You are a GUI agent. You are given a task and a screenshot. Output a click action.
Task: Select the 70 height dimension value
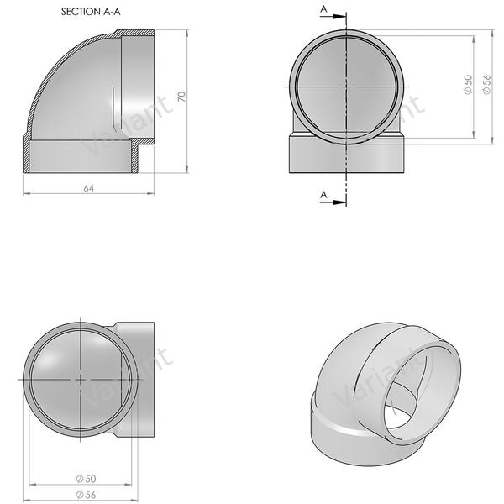click(181, 97)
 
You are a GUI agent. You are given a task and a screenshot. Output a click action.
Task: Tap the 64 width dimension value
click(87, 187)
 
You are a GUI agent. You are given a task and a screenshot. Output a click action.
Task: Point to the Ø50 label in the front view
click(468, 84)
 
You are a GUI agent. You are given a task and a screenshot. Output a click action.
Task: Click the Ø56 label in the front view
click(487, 84)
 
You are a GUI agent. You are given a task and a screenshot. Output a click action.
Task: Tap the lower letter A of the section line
click(323, 195)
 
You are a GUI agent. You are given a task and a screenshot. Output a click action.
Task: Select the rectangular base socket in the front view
click(347, 155)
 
